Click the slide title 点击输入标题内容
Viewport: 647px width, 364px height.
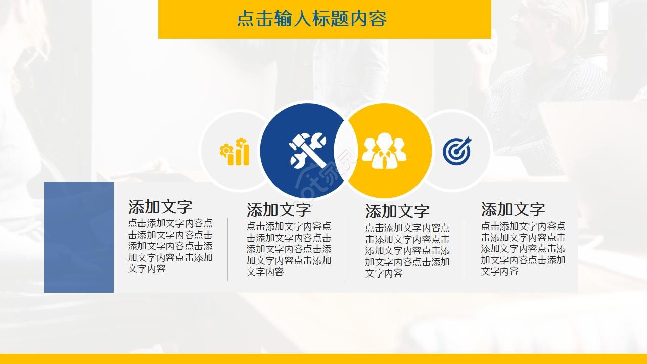tap(312, 19)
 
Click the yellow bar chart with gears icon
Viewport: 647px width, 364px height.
tap(235, 152)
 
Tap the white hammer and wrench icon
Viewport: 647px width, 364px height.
tap(307, 150)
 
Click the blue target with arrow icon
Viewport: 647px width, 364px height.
tap(457, 151)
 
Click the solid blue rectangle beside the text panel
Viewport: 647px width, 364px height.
tap(79, 237)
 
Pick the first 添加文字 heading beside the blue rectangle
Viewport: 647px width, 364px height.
tap(160, 207)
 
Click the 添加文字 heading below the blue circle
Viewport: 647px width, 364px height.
tap(279, 210)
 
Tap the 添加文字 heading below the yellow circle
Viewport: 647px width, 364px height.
tap(397, 211)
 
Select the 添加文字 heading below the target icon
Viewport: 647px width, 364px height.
tap(513, 209)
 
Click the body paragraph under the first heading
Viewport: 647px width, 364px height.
tap(170, 246)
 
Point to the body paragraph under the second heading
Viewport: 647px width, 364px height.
tap(289, 249)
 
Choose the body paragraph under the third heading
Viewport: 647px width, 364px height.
tap(407, 250)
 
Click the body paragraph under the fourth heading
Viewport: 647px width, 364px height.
tap(523, 249)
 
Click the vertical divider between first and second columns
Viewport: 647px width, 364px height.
tap(227, 249)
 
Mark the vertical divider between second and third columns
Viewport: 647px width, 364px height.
tap(346, 249)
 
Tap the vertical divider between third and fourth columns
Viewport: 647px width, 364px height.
tap(464, 249)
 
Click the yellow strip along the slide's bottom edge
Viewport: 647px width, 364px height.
tap(323, 359)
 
